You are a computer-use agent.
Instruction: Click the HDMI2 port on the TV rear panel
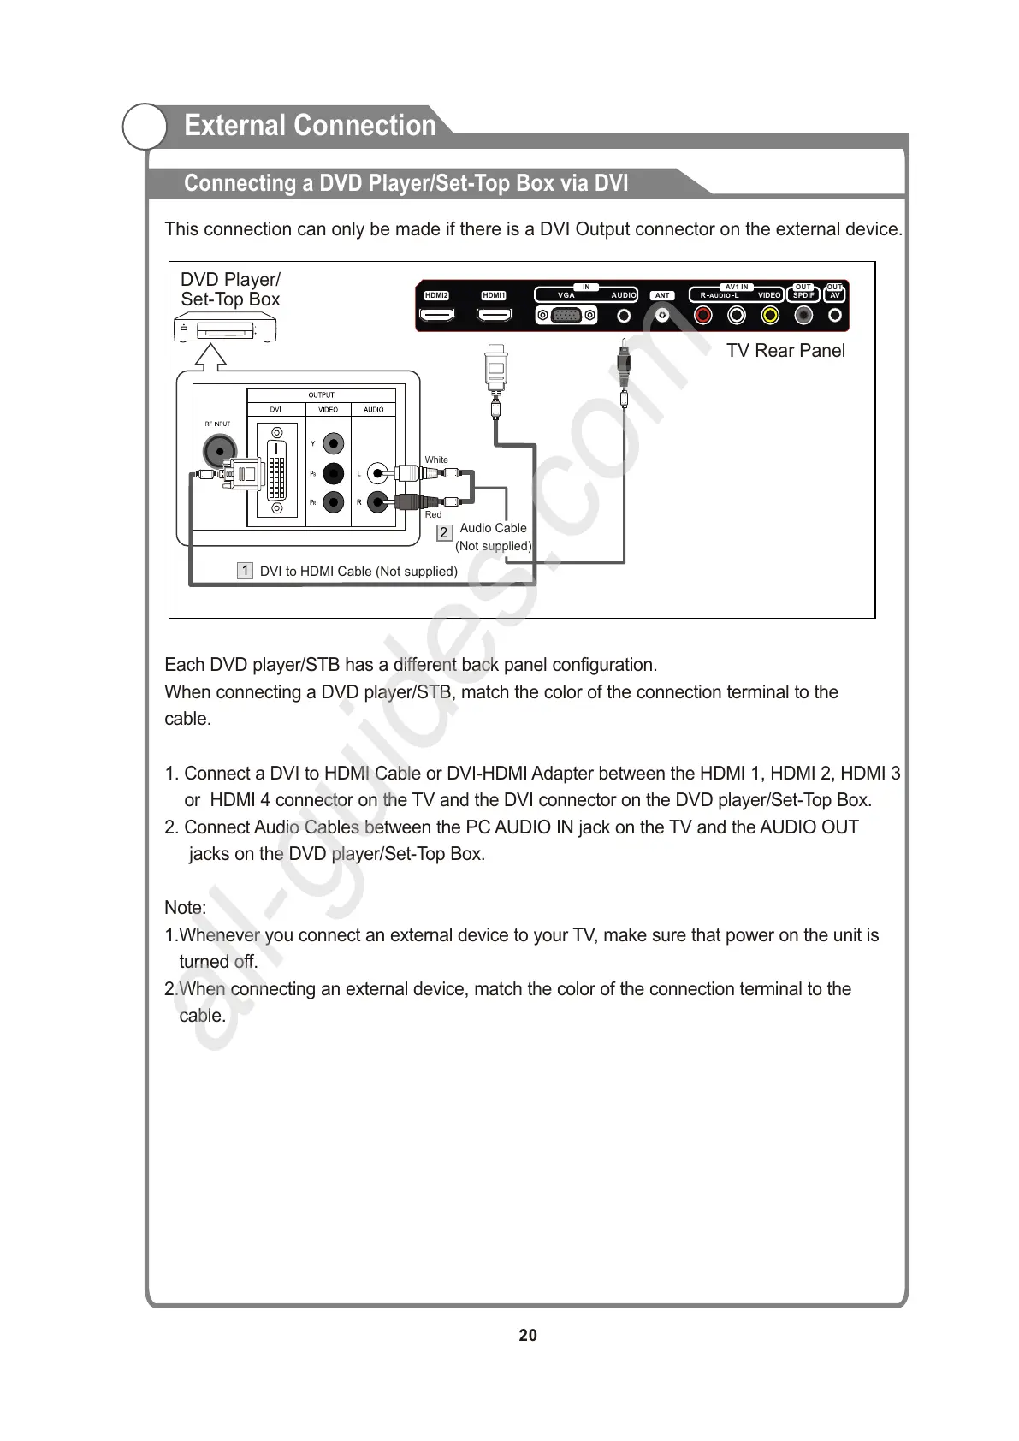click(436, 316)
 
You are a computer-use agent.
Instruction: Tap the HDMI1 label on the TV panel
click(494, 296)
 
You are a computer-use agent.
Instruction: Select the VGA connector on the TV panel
click(566, 316)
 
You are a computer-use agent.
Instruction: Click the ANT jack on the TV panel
click(662, 316)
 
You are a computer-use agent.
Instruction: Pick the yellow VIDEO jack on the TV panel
click(770, 316)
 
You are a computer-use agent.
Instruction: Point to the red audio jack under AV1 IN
click(703, 316)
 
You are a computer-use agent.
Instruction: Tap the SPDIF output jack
click(803, 316)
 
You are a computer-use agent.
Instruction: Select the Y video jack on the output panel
click(334, 444)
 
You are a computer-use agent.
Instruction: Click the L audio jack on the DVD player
click(377, 473)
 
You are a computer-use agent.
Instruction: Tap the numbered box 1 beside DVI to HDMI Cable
click(245, 571)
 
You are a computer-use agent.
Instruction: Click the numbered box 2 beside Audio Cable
click(443, 532)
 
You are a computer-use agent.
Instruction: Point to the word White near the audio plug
click(436, 460)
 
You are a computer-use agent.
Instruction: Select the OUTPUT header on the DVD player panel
click(321, 395)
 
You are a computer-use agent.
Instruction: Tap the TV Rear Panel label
click(785, 351)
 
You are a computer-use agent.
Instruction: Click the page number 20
click(528, 1336)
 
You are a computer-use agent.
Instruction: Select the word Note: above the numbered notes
click(185, 908)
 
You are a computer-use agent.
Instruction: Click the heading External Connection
click(310, 126)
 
